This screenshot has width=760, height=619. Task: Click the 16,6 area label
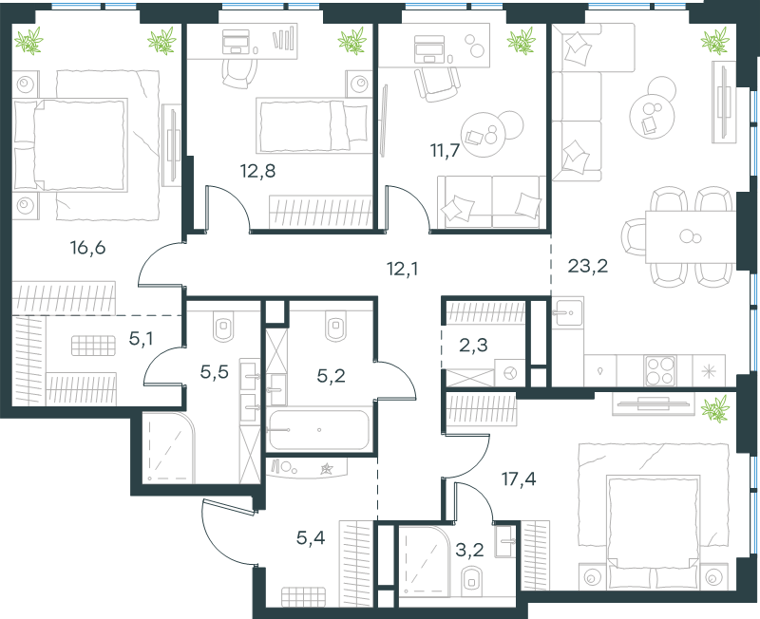click(x=87, y=248)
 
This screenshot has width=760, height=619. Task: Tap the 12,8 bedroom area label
click(x=257, y=171)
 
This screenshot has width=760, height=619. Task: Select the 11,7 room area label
click(x=445, y=151)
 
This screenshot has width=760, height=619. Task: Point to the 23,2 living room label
click(x=587, y=266)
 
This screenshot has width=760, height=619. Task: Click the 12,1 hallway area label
click(x=402, y=269)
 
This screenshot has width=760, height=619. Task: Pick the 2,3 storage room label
click(x=473, y=346)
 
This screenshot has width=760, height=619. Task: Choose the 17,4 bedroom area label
click(x=519, y=479)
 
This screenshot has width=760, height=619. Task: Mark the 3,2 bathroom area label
click(x=470, y=551)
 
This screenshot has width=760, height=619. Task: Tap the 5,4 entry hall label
click(x=311, y=537)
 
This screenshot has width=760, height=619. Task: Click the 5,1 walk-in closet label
click(x=141, y=339)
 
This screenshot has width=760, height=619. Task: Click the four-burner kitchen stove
click(x=660, y=371)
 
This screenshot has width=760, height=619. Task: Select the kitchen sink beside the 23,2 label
click(x=567, y=311)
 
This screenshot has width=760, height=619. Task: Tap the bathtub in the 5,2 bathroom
click(x=319, y=430)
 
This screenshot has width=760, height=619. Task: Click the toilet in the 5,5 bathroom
click(x=223, y=326)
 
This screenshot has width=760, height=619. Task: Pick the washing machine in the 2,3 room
click(x=510, y=372)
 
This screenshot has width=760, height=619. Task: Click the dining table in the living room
click(x=691, y=236)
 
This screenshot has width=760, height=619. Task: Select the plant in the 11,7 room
click(x=521, y=41)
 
